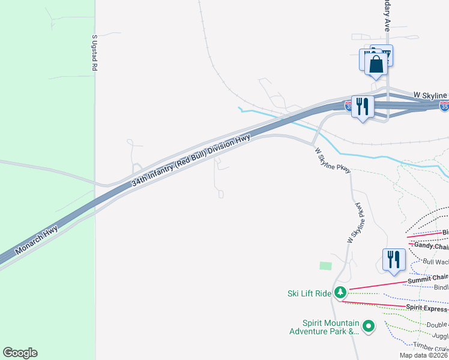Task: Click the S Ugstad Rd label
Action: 94,53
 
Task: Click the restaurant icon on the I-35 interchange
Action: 363,106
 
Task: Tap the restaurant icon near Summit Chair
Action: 394,259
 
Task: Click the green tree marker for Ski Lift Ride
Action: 341,293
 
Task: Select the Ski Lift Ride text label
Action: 309,293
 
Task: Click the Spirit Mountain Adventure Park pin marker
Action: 369,326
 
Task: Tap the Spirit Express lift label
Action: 427,308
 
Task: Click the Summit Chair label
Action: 428,278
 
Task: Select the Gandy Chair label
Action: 430,246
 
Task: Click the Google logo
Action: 20,353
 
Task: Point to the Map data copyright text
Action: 424,355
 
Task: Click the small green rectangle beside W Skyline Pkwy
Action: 325,265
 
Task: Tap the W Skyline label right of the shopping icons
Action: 431,95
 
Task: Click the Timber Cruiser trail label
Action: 430,346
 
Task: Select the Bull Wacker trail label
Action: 436,262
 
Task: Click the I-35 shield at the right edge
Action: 444,106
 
